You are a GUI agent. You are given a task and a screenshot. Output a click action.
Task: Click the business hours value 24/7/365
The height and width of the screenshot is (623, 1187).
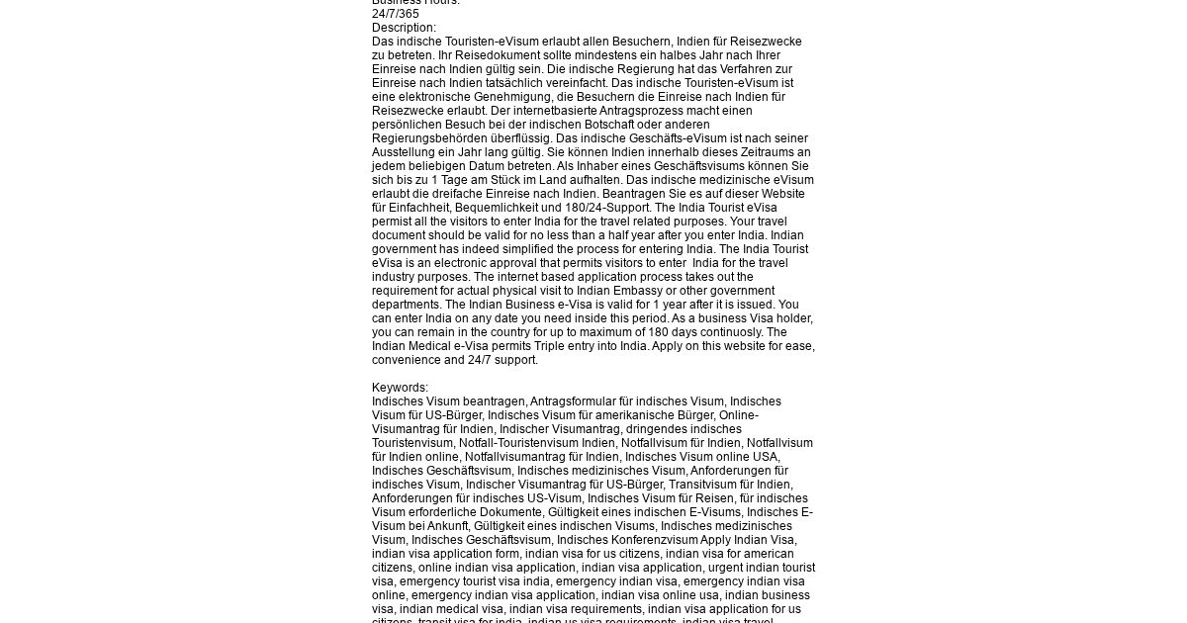coord(396,14)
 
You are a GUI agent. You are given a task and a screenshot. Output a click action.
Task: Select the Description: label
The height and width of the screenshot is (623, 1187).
coord(404,28)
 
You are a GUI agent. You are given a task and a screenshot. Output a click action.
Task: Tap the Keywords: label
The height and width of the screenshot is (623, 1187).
coord(400,388)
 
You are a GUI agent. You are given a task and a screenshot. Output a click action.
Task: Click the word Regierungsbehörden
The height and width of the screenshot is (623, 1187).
coord(428,138)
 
